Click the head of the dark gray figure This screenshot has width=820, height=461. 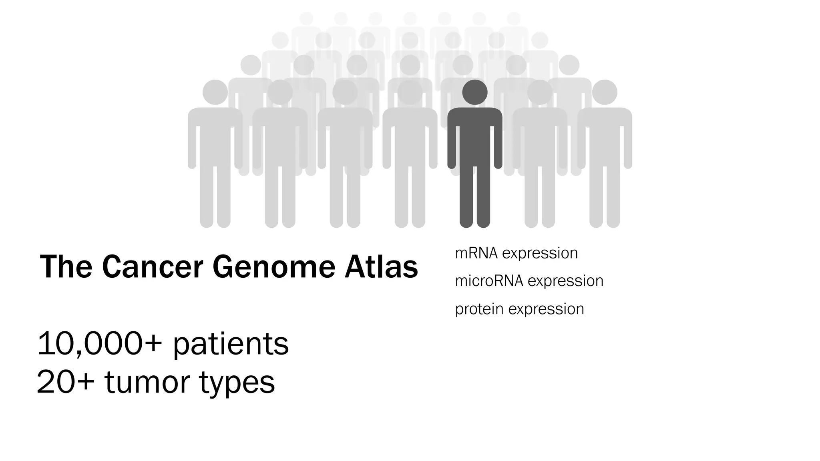pos(474,92)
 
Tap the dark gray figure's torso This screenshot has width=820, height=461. pos(474,136)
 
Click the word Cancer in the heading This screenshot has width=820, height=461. pos(153,267)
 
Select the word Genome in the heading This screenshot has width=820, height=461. pos(273,267)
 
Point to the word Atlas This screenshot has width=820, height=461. pos(381,267)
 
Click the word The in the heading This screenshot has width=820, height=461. pos(66,267)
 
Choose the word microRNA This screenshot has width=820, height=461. pos(489,281)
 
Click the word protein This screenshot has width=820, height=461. pos(479,309)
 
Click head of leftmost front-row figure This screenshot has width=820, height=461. pos(215,92)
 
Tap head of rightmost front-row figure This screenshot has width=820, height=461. pos(604,92)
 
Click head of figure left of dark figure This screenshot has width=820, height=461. pos(410,92)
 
